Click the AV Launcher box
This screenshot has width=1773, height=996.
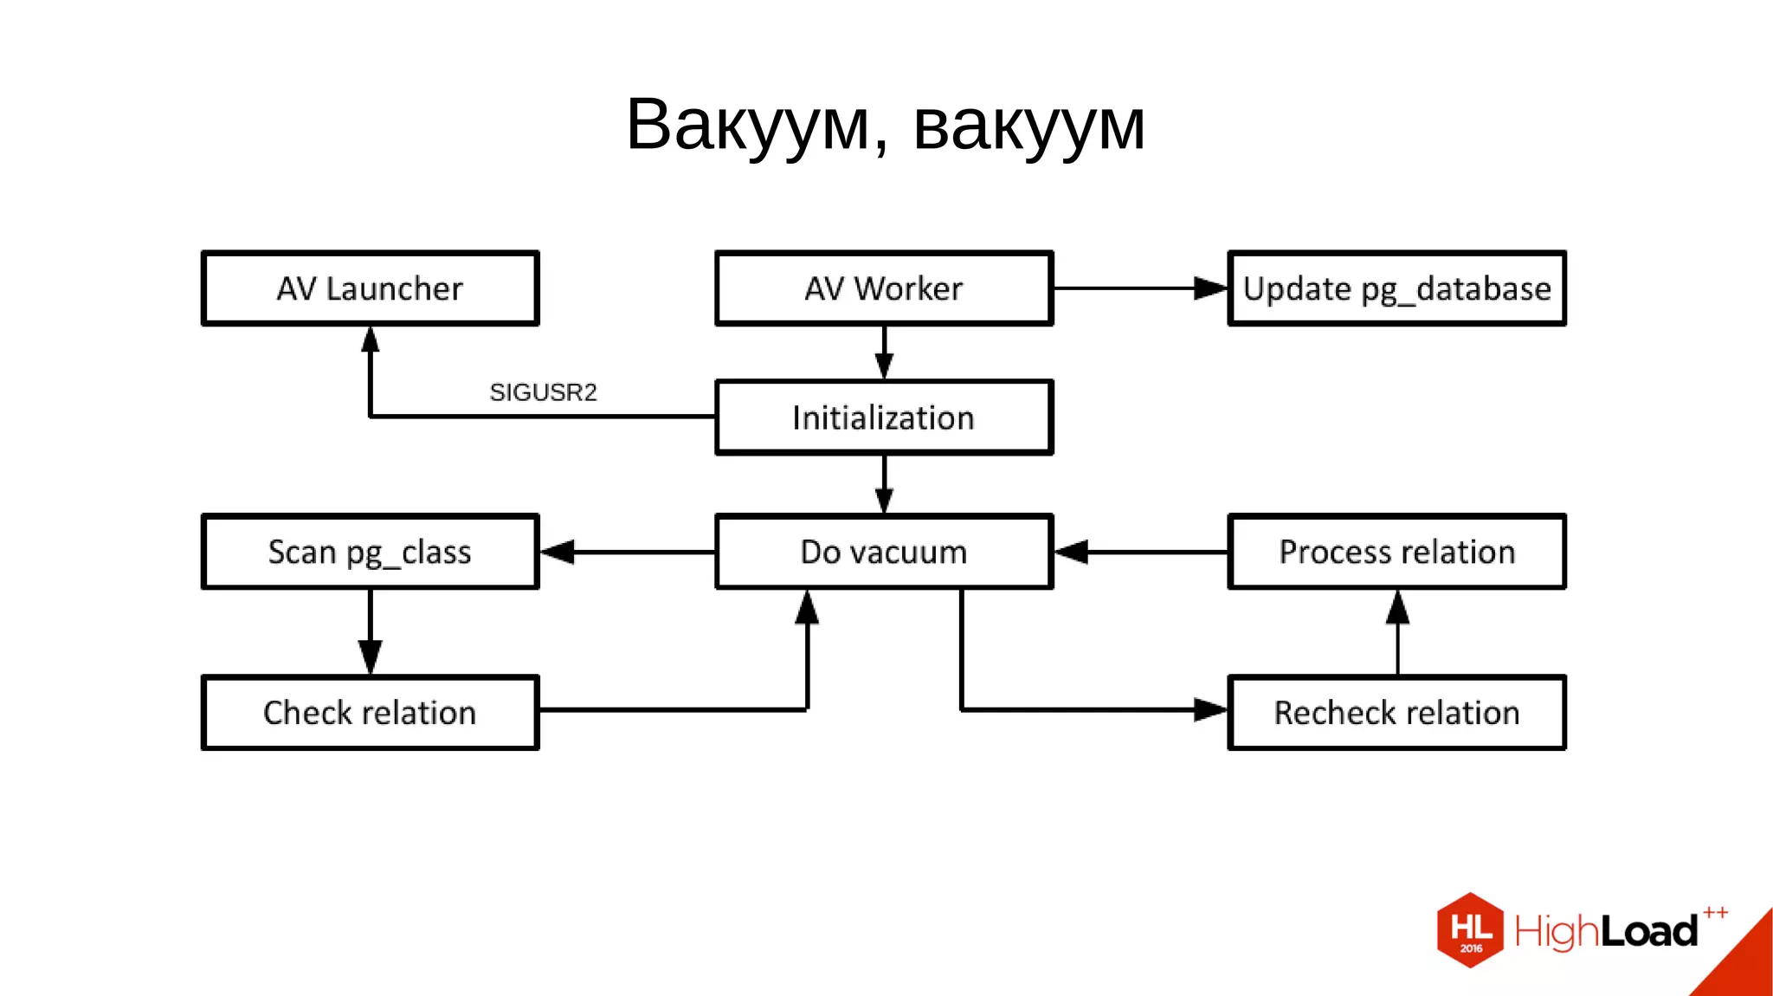tap(370, 288)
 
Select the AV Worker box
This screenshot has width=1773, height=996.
tap(884, 288)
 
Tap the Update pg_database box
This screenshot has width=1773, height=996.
tap(1396, 288)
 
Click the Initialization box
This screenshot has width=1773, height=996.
tap(884, 417)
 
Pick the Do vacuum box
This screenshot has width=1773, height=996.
tap(884, 552)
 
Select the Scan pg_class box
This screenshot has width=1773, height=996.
tap(370, 552)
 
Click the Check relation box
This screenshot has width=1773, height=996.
tap(370, 713)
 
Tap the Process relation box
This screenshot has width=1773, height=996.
tap(1396, 552)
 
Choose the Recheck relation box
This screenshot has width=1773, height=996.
tap(1396, 713)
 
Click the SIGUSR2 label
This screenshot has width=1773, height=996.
tap(543, 392)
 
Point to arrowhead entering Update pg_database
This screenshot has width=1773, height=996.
tap(1210, 288)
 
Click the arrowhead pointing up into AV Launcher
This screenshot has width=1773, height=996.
tap(371, 340)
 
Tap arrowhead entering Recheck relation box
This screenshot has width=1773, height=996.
tap(1210, 710)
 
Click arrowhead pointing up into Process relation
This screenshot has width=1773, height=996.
tap(1397, 608)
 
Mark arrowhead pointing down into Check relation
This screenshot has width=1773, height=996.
tap(371, 656)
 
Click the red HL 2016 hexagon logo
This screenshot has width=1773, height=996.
tap(1470, 930)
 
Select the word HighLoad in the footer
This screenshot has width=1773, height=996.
tap(1606, 932)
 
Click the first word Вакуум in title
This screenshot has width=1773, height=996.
tap(747, 125)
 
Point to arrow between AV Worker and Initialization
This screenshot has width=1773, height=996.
tap(884, 352)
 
